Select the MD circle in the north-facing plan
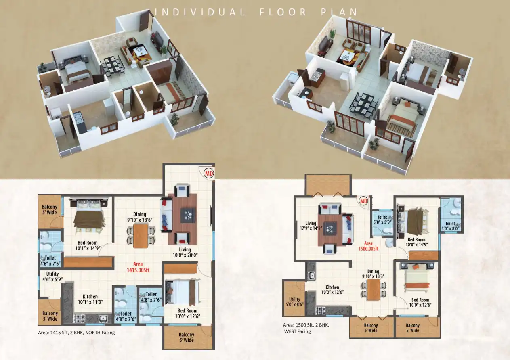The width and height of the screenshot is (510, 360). tap(209, 173)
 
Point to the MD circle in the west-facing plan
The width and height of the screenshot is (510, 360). tap(363, 201)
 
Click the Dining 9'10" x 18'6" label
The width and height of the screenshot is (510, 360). tap(140, 217)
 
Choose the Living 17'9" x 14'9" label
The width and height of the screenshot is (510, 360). tap(311, 226)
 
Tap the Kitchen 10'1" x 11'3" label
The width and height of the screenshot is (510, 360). tap(90, 299)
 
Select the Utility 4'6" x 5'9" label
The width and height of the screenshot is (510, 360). tap(52, 276)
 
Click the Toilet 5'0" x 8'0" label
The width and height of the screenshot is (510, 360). tap(450, 226)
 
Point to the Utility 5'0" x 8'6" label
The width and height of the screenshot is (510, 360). tap(295, 302)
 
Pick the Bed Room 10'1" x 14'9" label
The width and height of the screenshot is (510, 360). tap(88, 245)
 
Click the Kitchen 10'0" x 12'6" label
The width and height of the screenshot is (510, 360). tap(332, 289)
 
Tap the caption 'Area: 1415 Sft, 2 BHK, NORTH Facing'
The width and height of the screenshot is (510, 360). tap(76, 333)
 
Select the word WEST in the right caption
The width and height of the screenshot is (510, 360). tap(290, 331)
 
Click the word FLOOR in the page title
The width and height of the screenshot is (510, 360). tap(283, 12)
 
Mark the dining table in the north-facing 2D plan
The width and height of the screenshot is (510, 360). tap(141, 236)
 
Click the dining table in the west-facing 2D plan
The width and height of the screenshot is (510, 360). tap(374, 290)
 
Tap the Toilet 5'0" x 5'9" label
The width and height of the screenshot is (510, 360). tap(382, 220)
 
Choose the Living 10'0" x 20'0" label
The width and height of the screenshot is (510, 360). tap(185, 252)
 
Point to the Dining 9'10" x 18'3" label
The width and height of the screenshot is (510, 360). tap(373, 274)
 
